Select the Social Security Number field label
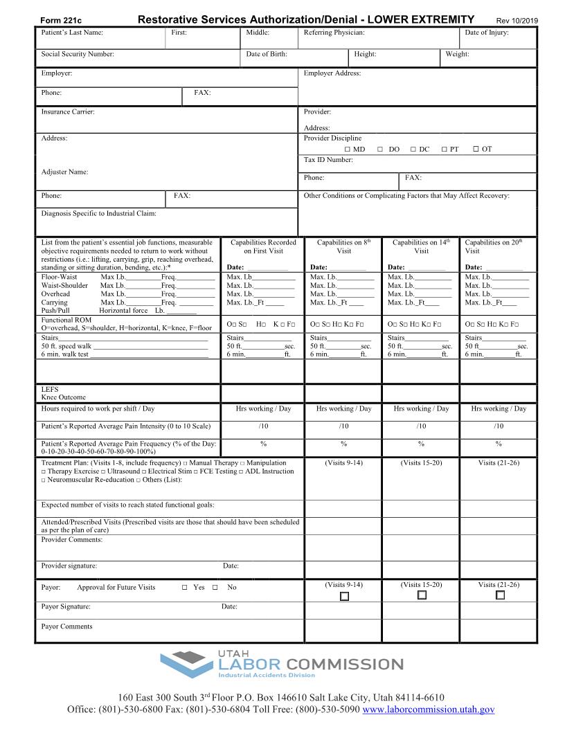click(x=78, y=54)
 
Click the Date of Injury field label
click(x=487, y=33)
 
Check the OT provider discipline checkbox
click(x=476, y=149)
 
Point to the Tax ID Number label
click(x=328, y=160)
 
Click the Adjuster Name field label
click(x=64, y=172)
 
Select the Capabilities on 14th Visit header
click(x=421, y=246)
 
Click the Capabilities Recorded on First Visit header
click(x=263, y=246)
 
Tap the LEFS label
click(x=49, y=389)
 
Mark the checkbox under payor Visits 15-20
click(x=422, y=595)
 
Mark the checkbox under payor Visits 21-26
click(x=500, y=595)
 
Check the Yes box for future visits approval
click(x=185, y=588)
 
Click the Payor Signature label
click(x=66, y=606)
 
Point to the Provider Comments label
click(x=71, y=539)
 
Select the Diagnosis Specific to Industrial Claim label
click(x=98, y=214)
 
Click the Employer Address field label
click(x=332, y=73)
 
